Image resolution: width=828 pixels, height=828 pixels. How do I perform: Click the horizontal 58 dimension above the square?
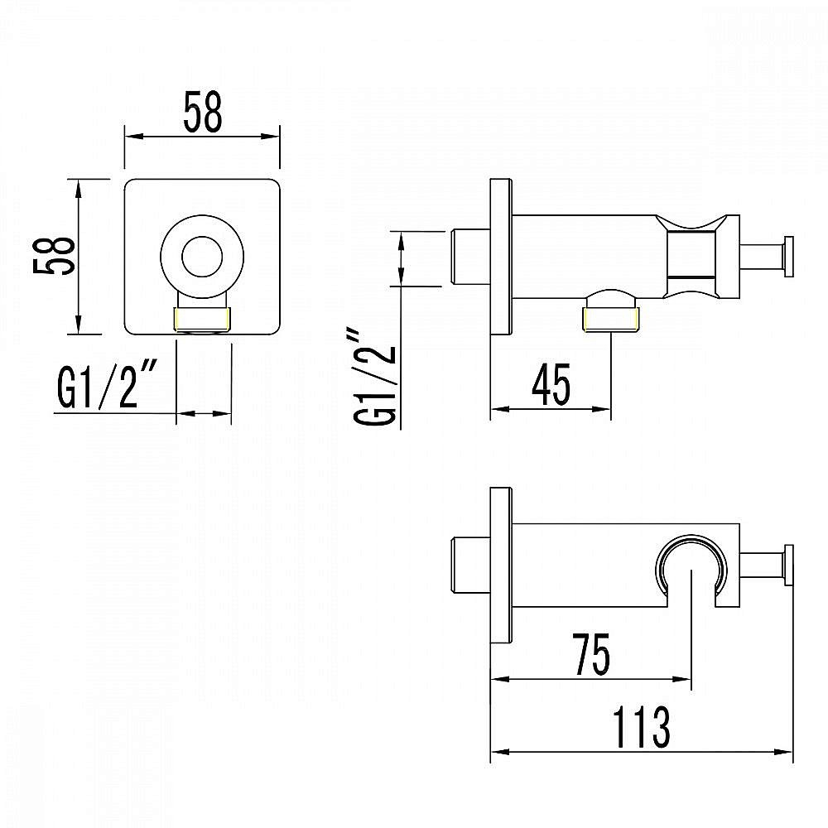[203, 112]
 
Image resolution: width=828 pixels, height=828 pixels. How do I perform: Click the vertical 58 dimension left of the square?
[53, 255]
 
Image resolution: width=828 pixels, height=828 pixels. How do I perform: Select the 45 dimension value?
[551, 384]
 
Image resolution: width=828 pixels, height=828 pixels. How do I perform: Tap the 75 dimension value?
[591, 654]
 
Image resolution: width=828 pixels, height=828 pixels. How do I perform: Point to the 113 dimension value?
[642, 727]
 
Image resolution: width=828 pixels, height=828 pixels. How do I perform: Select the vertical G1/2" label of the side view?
[374, 378]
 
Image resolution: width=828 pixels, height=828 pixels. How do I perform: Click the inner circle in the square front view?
[202, 257]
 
